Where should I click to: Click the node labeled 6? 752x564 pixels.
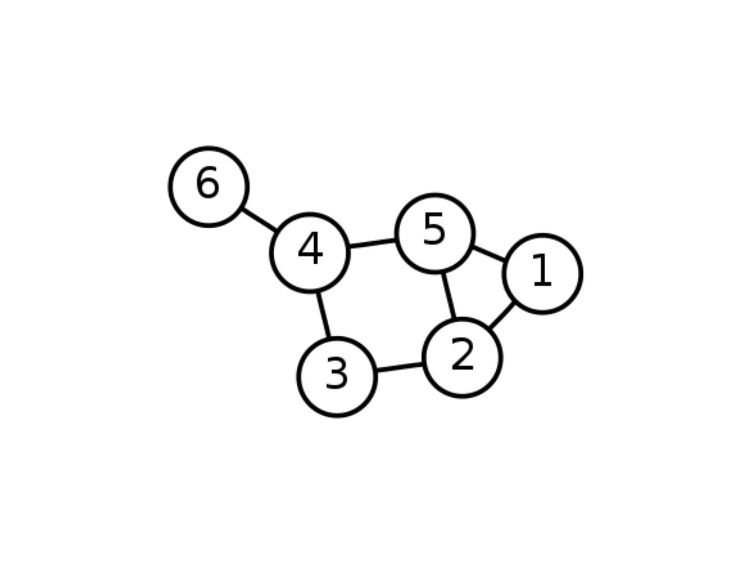209,187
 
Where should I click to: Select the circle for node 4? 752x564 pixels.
310,253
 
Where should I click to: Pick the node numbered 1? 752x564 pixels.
542,274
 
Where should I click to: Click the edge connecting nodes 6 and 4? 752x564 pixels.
259,220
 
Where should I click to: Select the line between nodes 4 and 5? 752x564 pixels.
372,243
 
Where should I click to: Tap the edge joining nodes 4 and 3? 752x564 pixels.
323,315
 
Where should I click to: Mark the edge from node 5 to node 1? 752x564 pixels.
489,254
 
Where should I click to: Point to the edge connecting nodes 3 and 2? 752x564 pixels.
399,368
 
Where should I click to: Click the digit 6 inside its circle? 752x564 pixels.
208,182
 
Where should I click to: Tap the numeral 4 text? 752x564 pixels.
310,249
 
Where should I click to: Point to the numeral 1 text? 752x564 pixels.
542,270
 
